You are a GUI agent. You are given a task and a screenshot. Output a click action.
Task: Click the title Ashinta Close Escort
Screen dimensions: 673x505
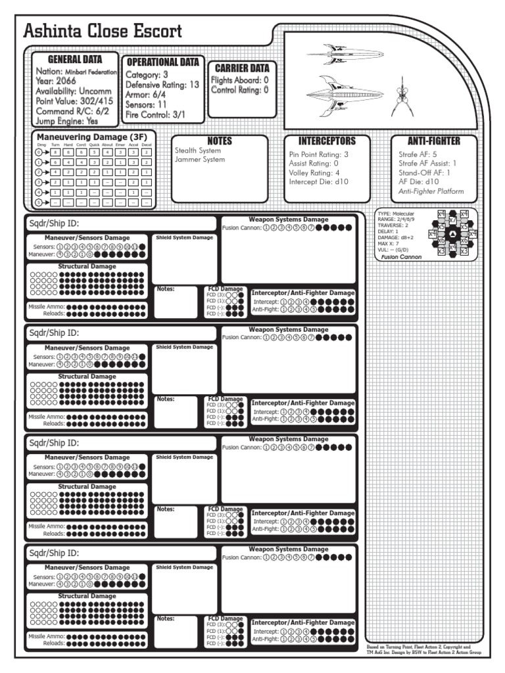[x=103, y=32]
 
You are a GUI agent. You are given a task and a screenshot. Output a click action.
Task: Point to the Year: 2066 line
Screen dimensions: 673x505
[x=57, y=81]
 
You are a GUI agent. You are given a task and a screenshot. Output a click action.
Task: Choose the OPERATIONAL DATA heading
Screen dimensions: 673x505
[x=162, y=62]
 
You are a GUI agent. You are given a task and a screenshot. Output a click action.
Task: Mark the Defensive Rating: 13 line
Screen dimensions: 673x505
[x=162, y=85]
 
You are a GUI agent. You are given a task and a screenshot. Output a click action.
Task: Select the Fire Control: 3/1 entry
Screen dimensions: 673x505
[x=156, y=115]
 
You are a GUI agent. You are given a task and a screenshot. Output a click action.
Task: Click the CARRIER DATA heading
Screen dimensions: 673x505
[x=242, y=68]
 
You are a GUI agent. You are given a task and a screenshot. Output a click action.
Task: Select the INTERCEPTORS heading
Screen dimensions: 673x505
[x=327, y=141]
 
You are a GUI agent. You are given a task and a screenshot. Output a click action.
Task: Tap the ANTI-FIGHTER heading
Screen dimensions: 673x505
[x=433, y=141]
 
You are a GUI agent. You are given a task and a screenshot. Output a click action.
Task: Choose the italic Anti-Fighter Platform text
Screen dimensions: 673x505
[x=431, y=191]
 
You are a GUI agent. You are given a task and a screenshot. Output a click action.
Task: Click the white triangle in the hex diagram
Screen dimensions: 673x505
[x=452, y=234]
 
